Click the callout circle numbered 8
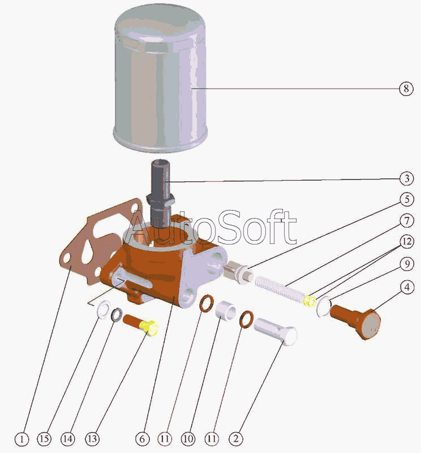(x=406, y=88)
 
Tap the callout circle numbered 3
(x=406, y=178)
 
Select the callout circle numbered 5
(x=407, y=199)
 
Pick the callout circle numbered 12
(x=407, y=241)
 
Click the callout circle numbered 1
(x=22, y=439)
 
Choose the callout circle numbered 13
(x=92, y=439)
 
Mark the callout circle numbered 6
(x=143, y=439)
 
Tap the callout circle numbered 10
(x=188, y=439)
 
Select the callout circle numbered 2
(x=236, y=439)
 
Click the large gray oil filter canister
(x=160, y=78)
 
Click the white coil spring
(x=280, y=289)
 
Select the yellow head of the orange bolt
(x=149, y=328)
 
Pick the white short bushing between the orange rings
(x=226, y=310)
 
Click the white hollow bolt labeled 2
(x=276, y=332)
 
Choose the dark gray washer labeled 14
(x=117, y=315)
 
